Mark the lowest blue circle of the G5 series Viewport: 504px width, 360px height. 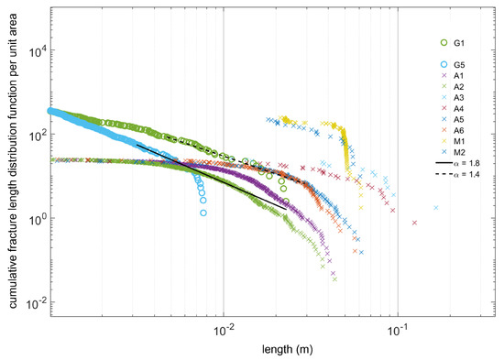[203, 213]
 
